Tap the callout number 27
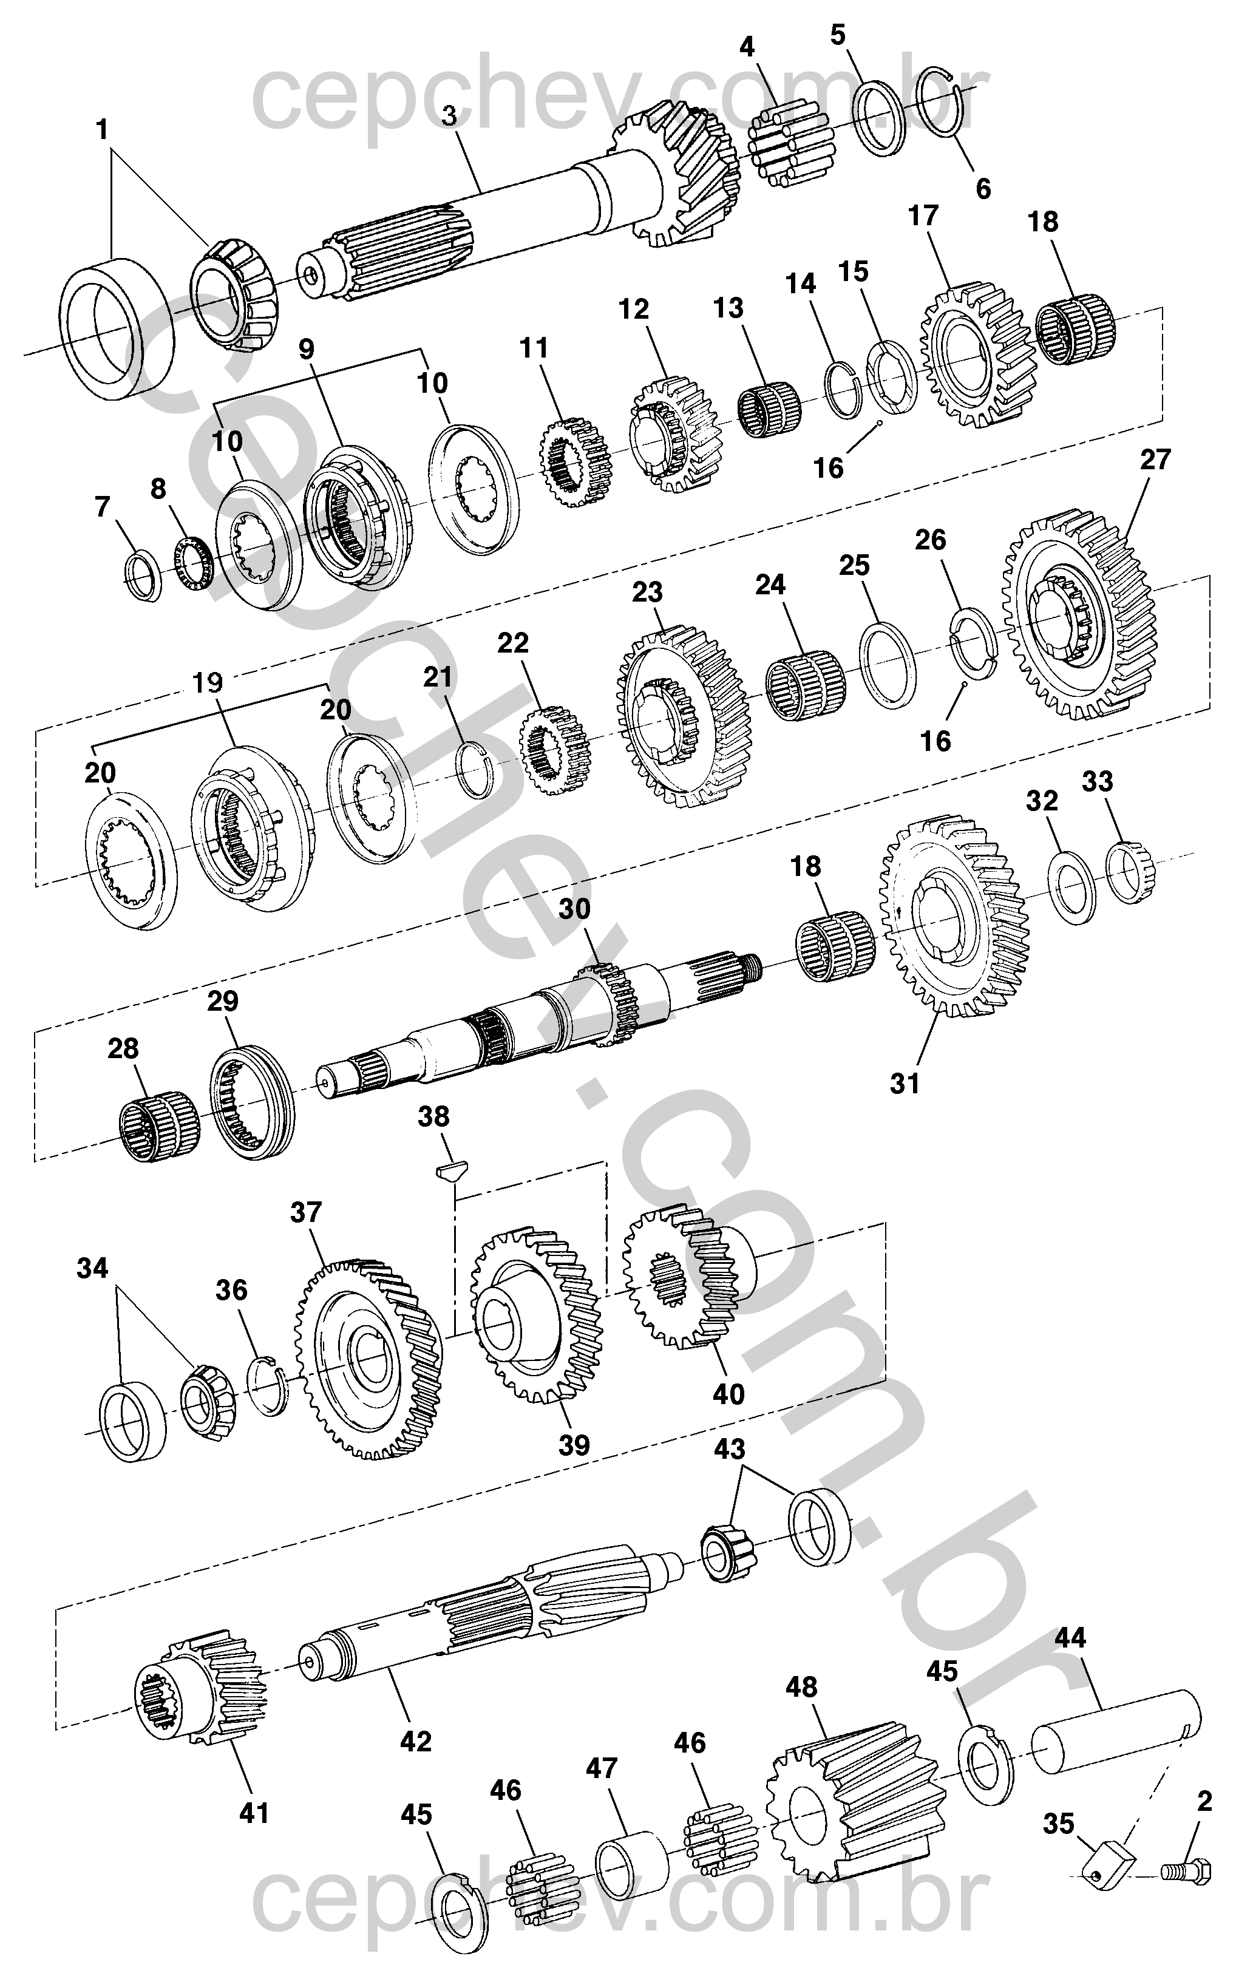tap(1155, 460)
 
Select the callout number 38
tap(434, 1116)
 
